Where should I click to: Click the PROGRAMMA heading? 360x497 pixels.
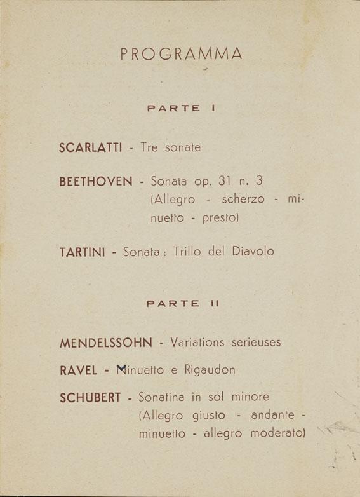(x=181, y=55)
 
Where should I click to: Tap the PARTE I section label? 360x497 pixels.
(x=182, y=109)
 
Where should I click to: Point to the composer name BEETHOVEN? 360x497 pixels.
(x=96, y=182)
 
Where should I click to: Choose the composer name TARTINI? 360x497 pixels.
(x=82, y=252)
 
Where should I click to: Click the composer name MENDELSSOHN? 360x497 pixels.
(x=106, y=343)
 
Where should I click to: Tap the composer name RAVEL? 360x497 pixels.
(x=78, y=370)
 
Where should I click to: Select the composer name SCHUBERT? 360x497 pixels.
(x=90, y=398)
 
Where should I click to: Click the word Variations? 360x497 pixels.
(x=197, y=343)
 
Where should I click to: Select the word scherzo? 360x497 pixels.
(x=243, y=199)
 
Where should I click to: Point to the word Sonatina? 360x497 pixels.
(x=163, y=397)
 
